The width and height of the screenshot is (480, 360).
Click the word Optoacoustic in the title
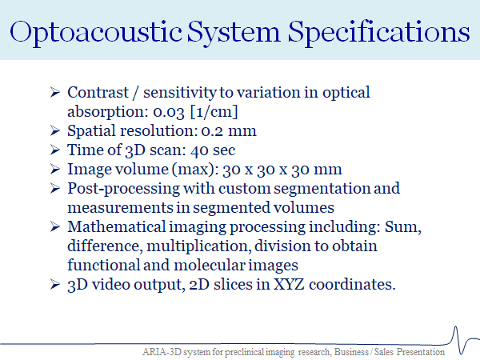(x=96, y=33)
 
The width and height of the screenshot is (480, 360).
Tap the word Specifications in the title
(x=378, y=33)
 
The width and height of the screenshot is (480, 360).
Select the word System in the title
(x=234, y=33)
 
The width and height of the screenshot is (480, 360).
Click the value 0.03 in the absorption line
(x=169, y=112)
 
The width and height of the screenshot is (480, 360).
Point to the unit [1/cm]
(x=214, y=112)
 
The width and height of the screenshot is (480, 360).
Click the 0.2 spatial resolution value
(x=212, y=131)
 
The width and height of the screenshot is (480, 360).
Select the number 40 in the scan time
(x=198, y=150)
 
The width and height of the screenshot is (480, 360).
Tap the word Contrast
(x=98, y=93)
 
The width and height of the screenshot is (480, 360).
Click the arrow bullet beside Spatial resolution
(x=54, y=130)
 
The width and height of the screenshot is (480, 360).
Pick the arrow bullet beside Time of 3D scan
(x=54, y=150)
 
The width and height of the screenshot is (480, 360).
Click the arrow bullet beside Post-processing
(x=54, y=188)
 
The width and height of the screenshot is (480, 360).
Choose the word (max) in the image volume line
(x=194, y=170)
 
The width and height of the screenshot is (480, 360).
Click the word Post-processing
(x=124, y=189)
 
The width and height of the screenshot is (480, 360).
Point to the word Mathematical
(x=117, y=227)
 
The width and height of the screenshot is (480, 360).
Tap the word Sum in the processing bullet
(x=403, y=227)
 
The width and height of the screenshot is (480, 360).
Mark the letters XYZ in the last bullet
(x=288, y=284)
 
